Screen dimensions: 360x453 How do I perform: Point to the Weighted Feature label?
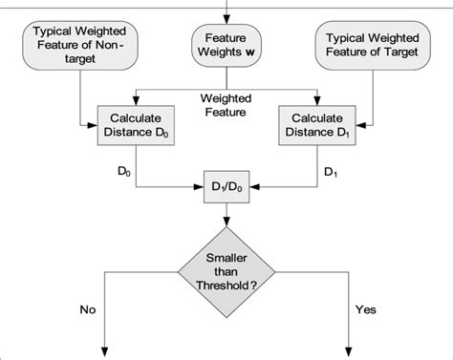[226, 105]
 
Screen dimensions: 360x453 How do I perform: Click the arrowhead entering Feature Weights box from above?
[226, 19]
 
